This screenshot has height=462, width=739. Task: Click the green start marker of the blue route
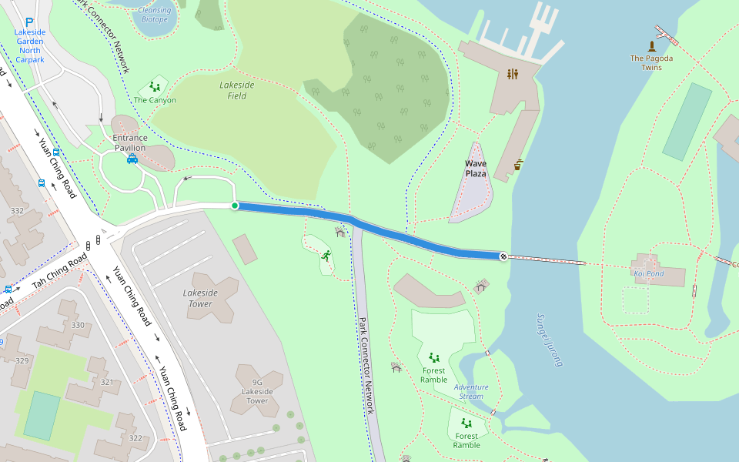235,206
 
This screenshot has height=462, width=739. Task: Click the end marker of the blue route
503,256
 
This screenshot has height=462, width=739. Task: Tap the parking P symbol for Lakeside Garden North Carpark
29,23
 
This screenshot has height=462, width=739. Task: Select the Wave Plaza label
476,169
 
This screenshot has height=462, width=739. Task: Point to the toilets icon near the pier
513,74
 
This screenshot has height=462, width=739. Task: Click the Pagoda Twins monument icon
651,46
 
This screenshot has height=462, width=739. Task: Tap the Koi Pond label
648,273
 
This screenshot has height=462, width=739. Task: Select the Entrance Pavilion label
130,142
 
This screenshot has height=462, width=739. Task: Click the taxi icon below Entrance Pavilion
132,159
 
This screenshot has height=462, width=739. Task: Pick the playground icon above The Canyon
155,87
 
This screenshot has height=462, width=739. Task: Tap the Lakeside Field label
237,91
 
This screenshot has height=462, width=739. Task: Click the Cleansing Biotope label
155,15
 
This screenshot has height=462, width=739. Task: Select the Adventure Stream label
470,392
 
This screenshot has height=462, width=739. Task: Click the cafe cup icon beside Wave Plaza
520,164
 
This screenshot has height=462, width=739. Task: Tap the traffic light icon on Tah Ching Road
89,246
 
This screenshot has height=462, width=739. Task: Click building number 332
17,210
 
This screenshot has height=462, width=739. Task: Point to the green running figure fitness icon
326,255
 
